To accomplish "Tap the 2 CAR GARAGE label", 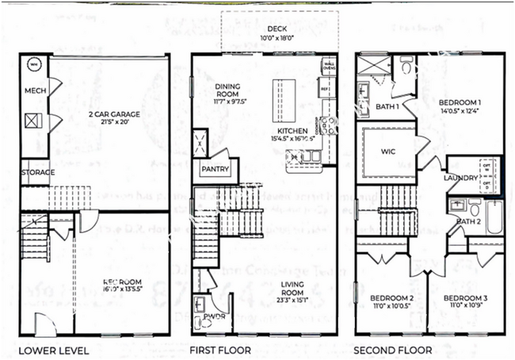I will coord(114,114).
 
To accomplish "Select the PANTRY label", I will coord(215,169).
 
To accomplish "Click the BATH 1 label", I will coord(387,107).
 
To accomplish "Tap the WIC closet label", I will coord(387,151).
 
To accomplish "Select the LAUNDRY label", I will coord(461,178).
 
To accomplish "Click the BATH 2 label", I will coord(469,221).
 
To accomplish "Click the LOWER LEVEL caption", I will coord(53,350).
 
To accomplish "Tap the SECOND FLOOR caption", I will coord(393,350).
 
